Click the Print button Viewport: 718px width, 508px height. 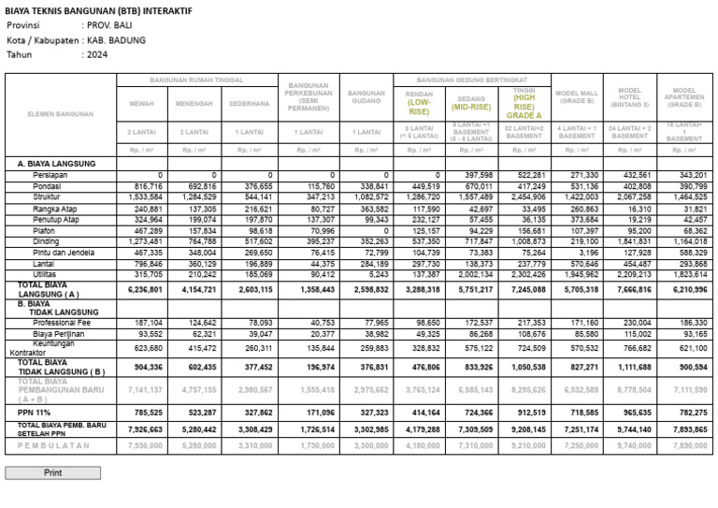(x=53, y=472)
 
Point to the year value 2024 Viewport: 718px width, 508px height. (x=97, y=54)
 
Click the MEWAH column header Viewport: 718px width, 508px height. (x=142, y=103)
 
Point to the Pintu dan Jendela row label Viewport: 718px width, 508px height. (x=63, y=253)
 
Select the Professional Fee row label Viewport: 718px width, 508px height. (x=61, y=322)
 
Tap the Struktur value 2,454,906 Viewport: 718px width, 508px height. (x=527, y=197)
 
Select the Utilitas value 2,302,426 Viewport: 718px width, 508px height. (x=527, y=274)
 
